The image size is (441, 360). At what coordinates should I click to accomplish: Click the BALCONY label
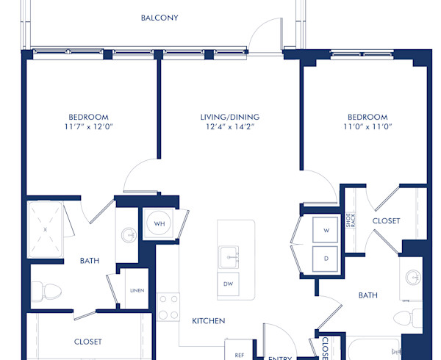pyautogui.click(x=159, y=18)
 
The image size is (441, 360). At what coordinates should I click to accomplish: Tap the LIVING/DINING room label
pyautogui.click(x=229, y=117)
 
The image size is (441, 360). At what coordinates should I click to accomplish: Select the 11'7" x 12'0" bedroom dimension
pyautogui.click(x=88, y=126)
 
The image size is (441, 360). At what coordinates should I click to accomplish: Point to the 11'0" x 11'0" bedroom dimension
pyautogui.click(x=367, y=126)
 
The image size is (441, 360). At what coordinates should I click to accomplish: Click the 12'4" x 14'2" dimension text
pyautogui.click(x=229, y=126)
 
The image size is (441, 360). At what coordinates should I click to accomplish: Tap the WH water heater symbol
pyautogui.click(x=158, y=224)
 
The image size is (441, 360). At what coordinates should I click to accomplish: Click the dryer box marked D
pyautogui.click(x=325, y=259)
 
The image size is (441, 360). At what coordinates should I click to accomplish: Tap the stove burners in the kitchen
pyautogui.click(x=168, y=306)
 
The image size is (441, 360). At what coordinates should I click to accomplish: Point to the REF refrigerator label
pyautogui.click(x=239, y=354)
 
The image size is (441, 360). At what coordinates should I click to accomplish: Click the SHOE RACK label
pyautogui.click(x=352, y=220)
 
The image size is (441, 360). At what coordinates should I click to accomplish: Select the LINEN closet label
pyautogui.click(x=137, y=290)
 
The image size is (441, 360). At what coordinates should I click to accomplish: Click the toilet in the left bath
pyautogui.click(x=49, y=292)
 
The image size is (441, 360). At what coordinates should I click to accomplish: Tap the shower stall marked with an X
pyautogui.click(x=46, y=229)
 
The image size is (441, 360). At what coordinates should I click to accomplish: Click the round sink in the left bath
pyautogui.click(x=129, y=236)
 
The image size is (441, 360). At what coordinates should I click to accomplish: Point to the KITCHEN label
pyautogui.click(x=208, y=321)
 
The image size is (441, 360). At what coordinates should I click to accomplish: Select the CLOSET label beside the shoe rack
pyautogui.click(x=386, y=220)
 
